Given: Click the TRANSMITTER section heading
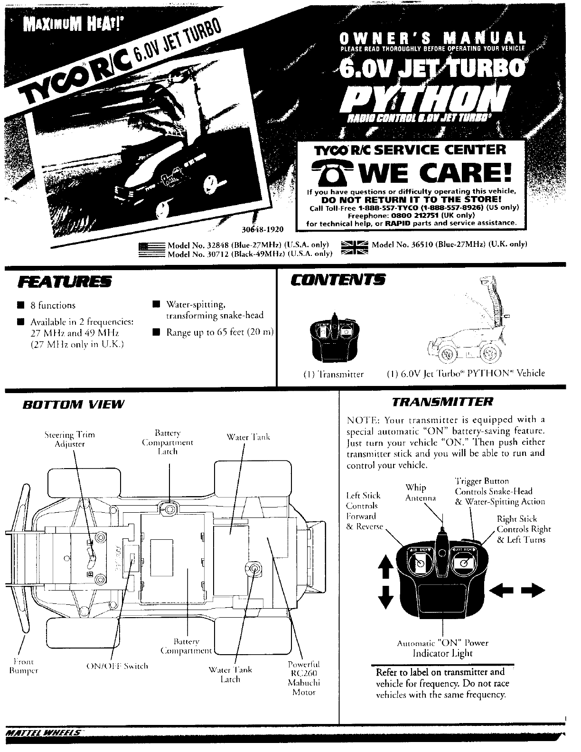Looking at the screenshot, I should pyautogui.click(x=442, y=402).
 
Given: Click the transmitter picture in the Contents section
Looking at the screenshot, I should pyautogui.click(x=334, y=338).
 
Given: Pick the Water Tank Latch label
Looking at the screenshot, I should pyautogui.click(x=231, y=675).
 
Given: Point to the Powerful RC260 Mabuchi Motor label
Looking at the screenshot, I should pyautogui.click(x=304, y=678).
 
